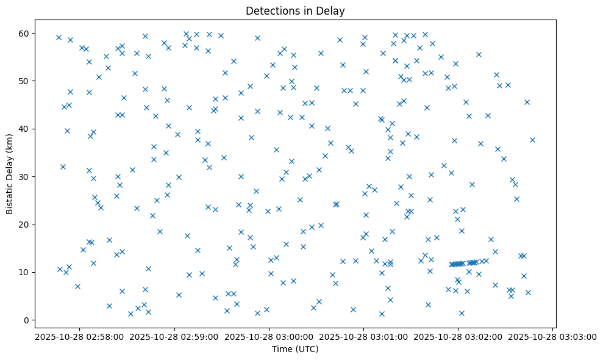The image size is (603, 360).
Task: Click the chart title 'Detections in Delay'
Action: pyautogui.click(x=295, y=10)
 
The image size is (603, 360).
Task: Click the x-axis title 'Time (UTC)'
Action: pyautogui.click(x=295, y=350)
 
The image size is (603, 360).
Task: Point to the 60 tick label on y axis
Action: pyautogui.click(x=26, y=33)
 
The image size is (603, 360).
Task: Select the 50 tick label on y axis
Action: pyautogui.click(x=26, y=81)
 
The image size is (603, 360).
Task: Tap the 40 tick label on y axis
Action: pyautogui.click(x=26, y=129)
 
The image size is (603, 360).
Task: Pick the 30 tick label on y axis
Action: pyautogui.click(x=26, y=177)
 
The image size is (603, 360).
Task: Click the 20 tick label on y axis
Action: pyautogui.click(x=26, y=225)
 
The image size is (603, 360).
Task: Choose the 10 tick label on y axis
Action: pyautogui.click(x=26, y=272)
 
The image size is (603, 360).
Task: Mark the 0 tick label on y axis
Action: pyautogui.click(x=28, y=320)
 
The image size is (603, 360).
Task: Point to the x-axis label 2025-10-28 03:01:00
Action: pyautogui.click(x=364, y=336)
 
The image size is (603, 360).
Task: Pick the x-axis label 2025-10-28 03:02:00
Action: pyautogui.click(x=458, y=336)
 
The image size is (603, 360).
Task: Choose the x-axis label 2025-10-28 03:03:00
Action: pyautogui.click(x=553, y=336)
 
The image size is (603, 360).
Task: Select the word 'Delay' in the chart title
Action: pyautogui.click(x=333, y=10)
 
